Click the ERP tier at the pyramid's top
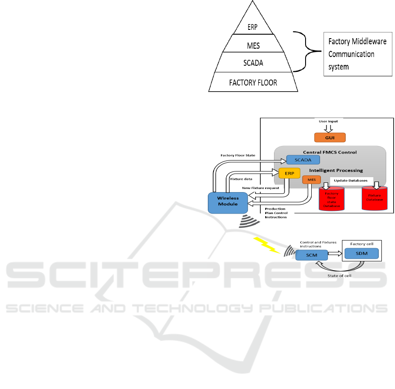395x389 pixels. point(253,26)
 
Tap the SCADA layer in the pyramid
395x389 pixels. point(253,62)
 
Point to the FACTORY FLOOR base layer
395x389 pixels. point(253,82)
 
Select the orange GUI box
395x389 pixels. point(330,137)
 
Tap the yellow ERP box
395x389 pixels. point(289,173)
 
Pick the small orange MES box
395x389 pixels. point(311,179)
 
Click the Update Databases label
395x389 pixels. point(350,181)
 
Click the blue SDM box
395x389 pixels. point(361,253)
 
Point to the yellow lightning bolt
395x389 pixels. point(267,245)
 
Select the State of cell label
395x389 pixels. point(339,275)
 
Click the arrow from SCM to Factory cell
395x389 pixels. point(335,253)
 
